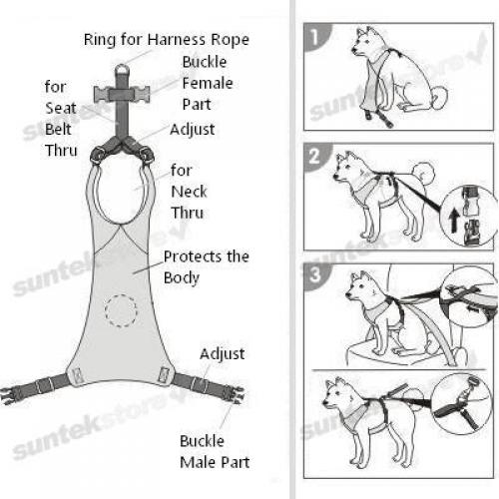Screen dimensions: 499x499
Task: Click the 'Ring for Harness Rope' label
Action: point(167,40)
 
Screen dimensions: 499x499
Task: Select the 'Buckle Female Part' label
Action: point(208,83)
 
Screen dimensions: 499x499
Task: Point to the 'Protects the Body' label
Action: point(207,267)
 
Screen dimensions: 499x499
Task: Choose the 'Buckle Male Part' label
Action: point(215,452)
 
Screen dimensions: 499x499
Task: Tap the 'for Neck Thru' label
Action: point(189,192)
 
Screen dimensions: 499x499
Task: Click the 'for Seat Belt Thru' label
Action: point(61,119)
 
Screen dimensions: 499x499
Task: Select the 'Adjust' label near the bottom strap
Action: point(223,354)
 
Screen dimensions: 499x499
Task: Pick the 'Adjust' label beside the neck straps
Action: point(193,130)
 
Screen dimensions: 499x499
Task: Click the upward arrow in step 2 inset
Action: point(454,221)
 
